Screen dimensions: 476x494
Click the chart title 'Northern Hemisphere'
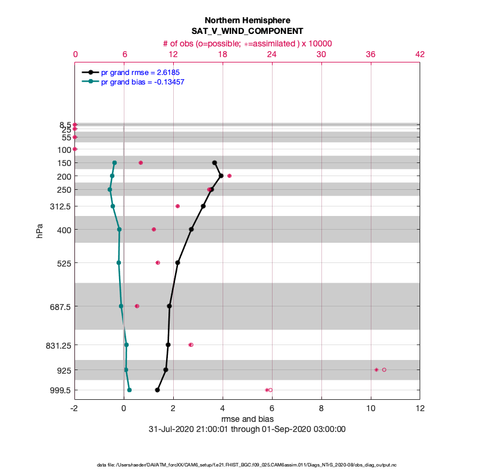click(x=247, y=20)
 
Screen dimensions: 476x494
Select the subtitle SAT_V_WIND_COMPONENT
click(x=247, y=31)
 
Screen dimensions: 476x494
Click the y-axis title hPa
click(x=40, y=230)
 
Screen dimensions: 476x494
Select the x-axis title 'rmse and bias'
click(x=247, y=419)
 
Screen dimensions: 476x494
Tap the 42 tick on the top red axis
click(x=420, y=54)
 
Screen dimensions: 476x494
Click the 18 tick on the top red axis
click(x=223, y=54)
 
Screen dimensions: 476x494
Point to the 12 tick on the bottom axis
click(x=420, y=409)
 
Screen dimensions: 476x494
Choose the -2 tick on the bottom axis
click(x=74, y=409)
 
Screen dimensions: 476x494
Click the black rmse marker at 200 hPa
click(x=221, y=176)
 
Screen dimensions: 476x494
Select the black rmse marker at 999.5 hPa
click(x=157, y=390)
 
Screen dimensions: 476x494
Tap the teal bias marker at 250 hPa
click(x=110, y=190)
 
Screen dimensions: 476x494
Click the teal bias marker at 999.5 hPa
click(x=129, y=390)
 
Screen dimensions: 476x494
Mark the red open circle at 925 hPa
click(x=384, y=370)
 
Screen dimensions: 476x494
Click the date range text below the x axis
click(x=247, y=429)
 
